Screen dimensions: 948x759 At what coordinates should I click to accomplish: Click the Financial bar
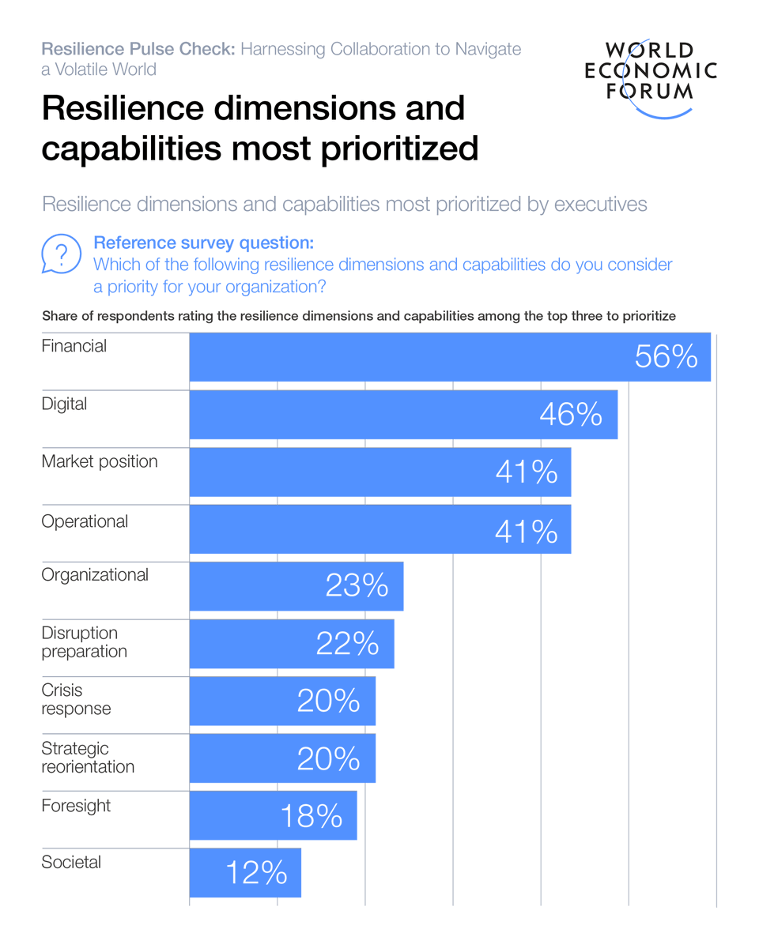click(x=450, y=357)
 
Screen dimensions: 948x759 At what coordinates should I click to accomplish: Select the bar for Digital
click(x=403, y=414)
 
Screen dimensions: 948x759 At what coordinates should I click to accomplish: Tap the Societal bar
click(x=245, y=872)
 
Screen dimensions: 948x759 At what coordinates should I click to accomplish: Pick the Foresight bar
click(x=273, y=815)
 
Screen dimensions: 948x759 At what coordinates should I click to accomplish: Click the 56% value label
click(x=666, y=357)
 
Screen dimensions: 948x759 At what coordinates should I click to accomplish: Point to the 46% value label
click(x=571, y=415)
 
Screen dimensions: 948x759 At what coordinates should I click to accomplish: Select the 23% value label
click(x=357, y=586)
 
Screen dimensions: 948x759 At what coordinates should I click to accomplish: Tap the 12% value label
click(x=256, y=873)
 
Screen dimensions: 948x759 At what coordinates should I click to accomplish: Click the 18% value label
click(x=312, y=815)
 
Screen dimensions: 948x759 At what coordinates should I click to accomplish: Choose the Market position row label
click(x=100, y=461)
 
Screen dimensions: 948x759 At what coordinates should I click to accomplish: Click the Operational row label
click(x=85, y=521)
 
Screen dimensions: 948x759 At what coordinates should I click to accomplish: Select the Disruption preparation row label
click(x=84, y=642)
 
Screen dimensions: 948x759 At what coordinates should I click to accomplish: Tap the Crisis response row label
click(x=76, y=699)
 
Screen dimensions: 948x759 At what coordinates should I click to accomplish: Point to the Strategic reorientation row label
click(x=88, y=757)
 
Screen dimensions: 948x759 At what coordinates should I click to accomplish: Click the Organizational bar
click(x=296, y=586)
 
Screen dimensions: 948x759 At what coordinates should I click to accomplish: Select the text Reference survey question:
click(x=203, y=242)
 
